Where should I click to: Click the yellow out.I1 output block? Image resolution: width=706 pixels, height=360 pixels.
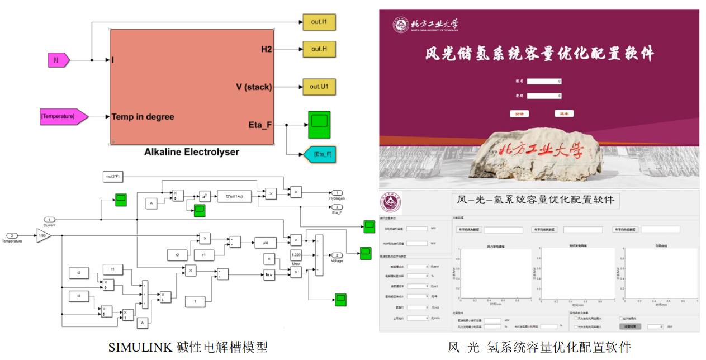click(x=319, y=22)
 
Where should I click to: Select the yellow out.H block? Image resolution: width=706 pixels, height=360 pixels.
click(x=319, y=49)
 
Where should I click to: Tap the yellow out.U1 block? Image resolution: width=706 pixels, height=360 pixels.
click(x=319, y=87)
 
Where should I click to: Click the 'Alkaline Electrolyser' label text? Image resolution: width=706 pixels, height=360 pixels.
click(x=191, y=152)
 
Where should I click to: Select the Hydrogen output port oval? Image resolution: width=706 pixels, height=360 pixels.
click(x=337, y=192)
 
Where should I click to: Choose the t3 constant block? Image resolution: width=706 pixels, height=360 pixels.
click(x=79, y=294)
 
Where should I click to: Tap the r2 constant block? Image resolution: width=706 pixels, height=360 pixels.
click(x=177, y=254)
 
